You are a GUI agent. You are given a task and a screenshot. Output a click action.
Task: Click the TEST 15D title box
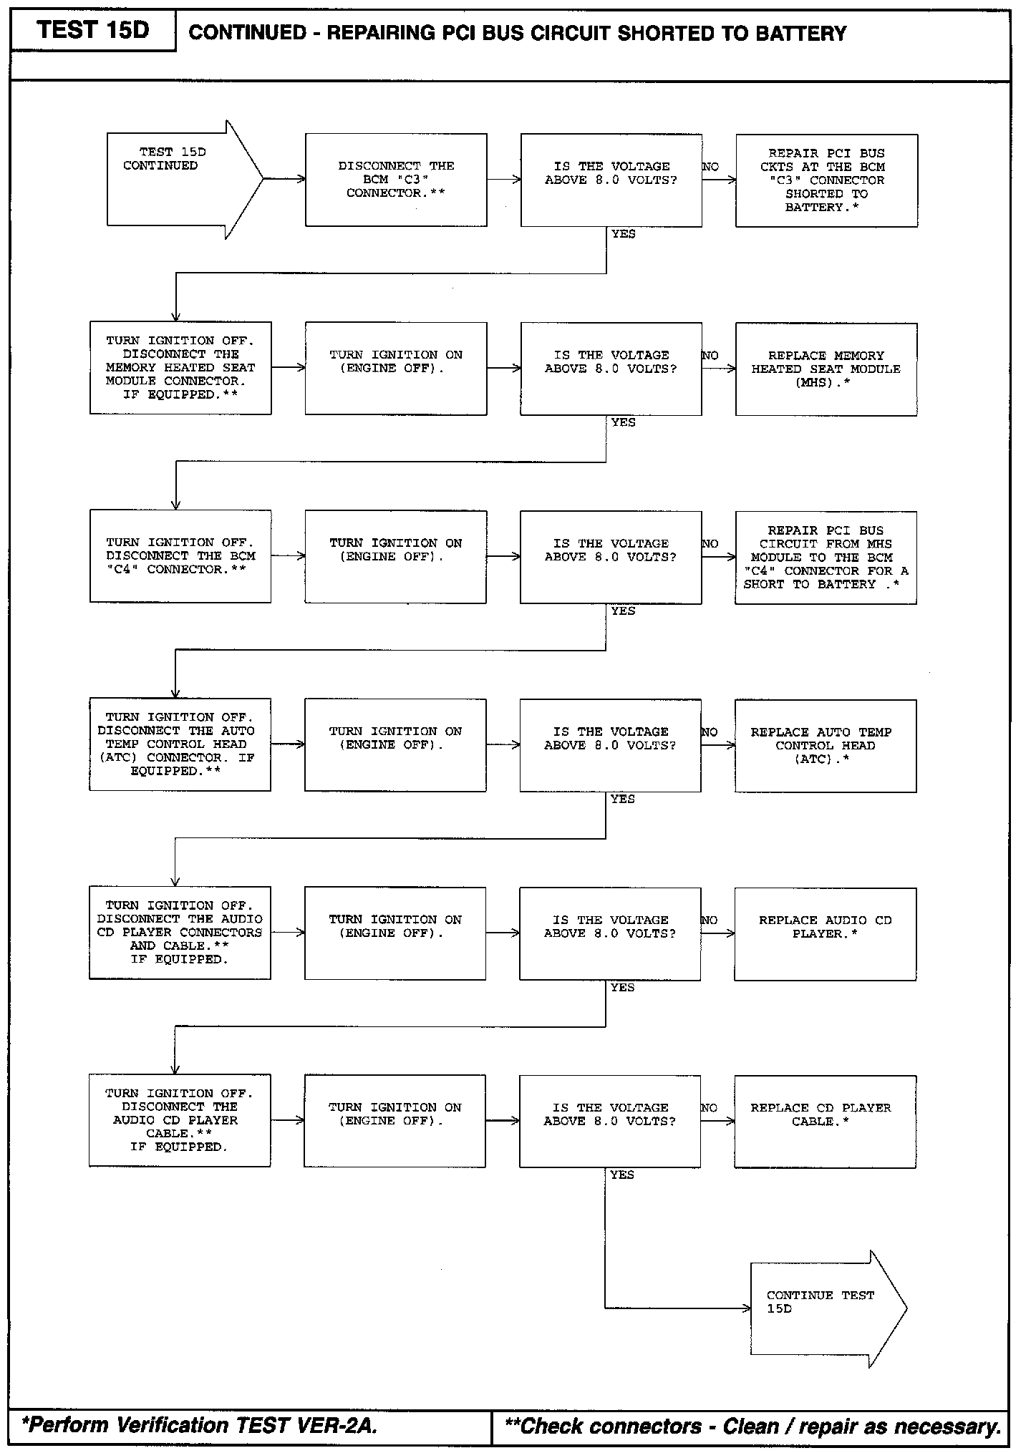tap(93, 31)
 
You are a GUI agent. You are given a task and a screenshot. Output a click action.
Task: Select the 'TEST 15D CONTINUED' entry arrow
tap(179, 179)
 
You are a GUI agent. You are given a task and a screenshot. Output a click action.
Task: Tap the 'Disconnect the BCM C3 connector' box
tap(396, 180)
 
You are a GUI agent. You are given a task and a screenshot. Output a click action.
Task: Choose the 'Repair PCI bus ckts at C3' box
tap(826, 180)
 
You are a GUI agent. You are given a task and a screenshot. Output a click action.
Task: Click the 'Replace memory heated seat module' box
tap(826, 369)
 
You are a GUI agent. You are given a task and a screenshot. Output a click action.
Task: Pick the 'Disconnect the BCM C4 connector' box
tap(180, 556)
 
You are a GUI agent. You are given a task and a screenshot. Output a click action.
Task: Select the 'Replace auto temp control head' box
tap(825, 745)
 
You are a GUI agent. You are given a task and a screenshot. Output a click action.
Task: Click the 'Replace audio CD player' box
tap(825, 933)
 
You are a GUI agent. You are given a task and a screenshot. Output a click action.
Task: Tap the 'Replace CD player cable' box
tap(825, 1122)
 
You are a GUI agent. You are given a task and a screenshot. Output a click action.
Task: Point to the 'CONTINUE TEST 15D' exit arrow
tap(823, 1309)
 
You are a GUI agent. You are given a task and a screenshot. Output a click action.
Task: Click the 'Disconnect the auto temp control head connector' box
tap(180, 744)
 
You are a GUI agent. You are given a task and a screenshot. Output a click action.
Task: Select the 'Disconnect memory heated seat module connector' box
tap(180, 368)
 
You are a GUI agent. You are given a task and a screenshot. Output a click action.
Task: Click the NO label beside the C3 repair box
tap(710, 167)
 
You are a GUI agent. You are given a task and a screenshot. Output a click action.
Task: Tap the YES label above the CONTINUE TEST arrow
tap(622, 1175)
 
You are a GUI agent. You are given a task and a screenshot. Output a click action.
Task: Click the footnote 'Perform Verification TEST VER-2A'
tap(199, 1425)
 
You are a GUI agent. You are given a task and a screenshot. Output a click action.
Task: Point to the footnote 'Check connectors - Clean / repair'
tap(752, 1426)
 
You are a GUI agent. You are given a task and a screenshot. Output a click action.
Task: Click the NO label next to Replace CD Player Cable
tap(709, 1107)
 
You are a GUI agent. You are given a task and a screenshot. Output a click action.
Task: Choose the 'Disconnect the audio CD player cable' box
tap(180, 1121)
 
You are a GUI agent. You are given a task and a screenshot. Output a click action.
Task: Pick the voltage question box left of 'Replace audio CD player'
tap(610, 933)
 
